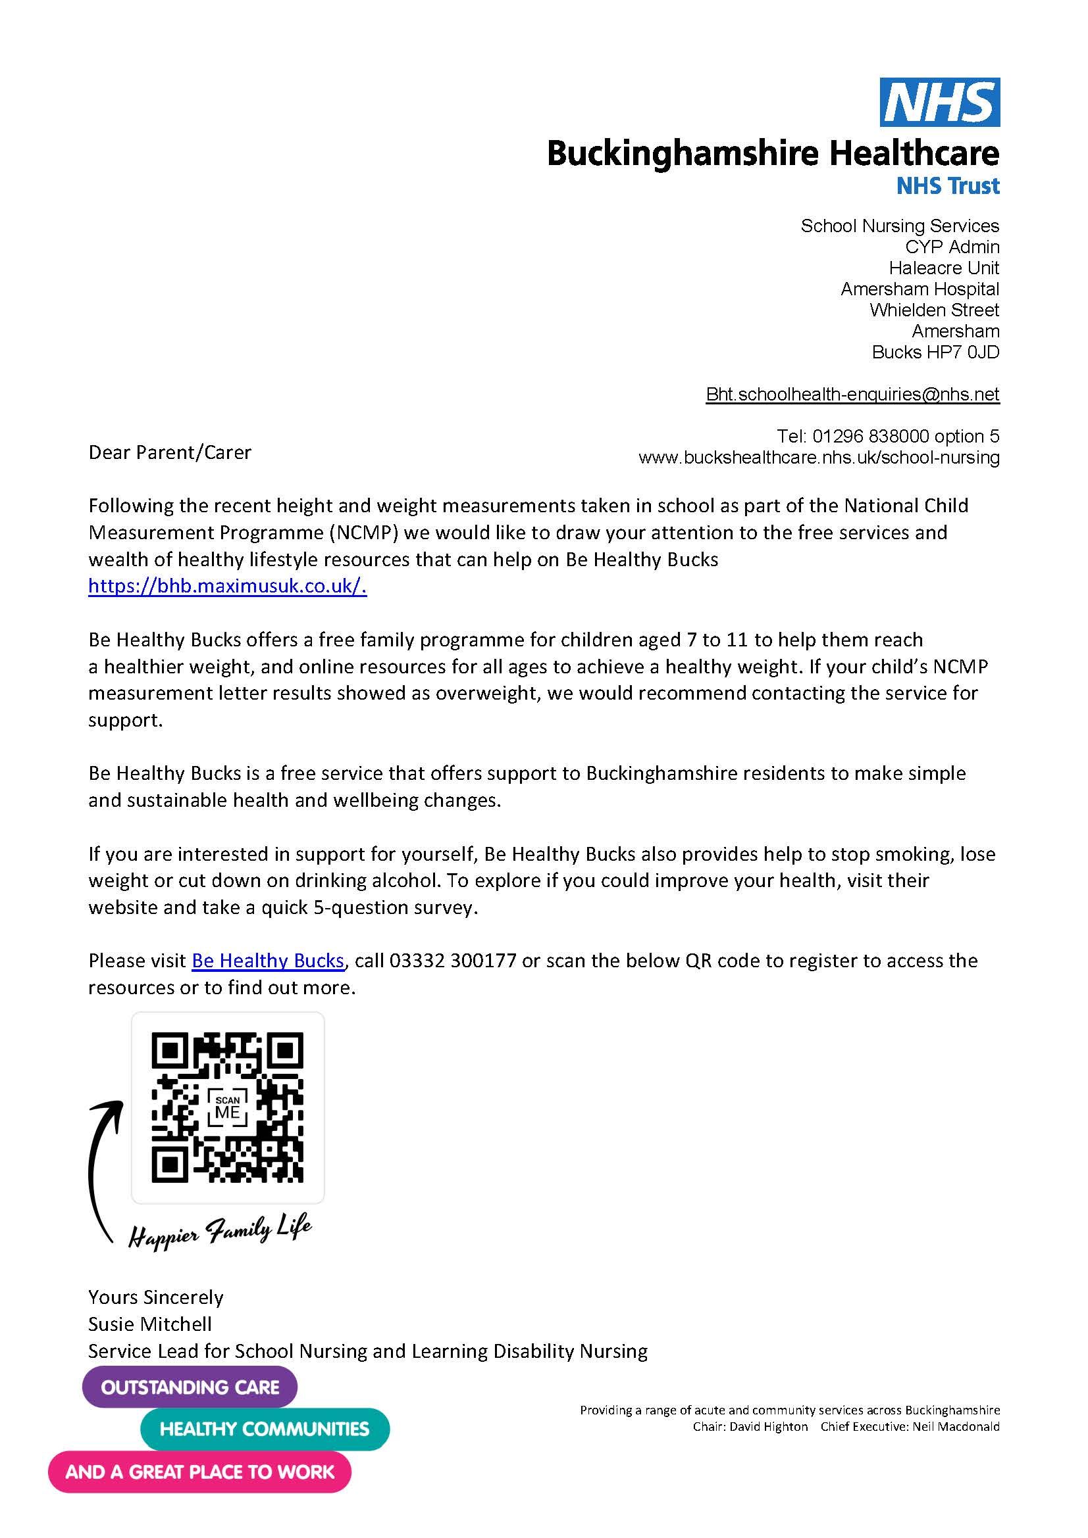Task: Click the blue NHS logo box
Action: coord(939,102)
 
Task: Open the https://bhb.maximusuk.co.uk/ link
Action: coord(227,586)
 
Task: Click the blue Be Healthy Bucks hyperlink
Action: coord(267,961)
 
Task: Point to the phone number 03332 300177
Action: coord(452,961)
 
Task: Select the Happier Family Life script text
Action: coord(220,1230)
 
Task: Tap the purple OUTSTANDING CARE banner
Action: coord(190,1387)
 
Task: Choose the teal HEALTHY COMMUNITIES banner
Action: coord(264,1429)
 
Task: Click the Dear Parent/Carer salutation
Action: coord(170,452)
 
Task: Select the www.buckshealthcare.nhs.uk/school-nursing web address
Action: coord(819,458)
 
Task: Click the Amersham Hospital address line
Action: coord(920,289)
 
